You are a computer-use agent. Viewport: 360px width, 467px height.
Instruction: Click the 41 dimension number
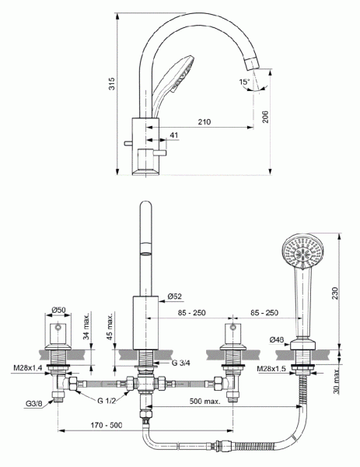[173, 136]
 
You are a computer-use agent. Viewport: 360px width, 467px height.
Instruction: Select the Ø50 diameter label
[58, 311]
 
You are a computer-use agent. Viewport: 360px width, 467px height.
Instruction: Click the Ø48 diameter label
[277, 339]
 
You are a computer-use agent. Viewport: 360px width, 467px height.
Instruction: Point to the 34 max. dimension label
[85, 332]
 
